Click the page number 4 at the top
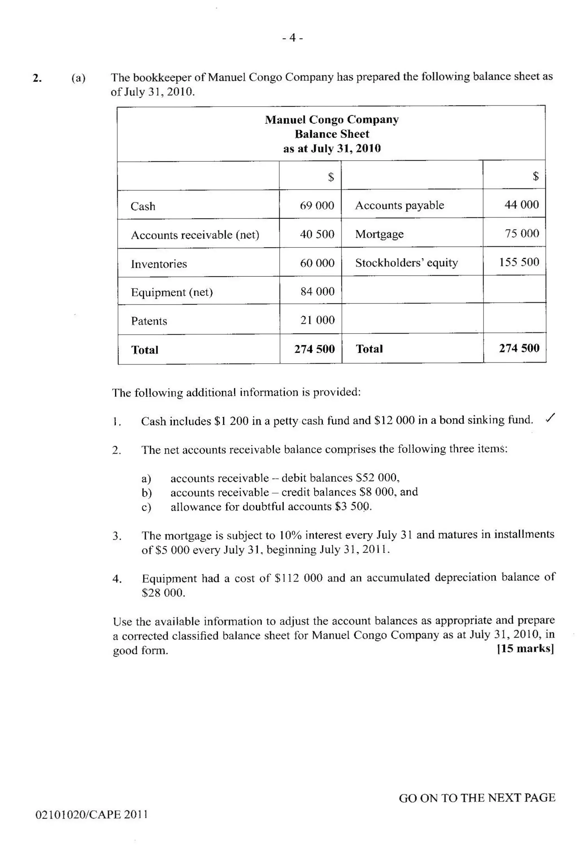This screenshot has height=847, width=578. (292, 38)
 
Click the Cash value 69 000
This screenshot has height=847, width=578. (317, 206)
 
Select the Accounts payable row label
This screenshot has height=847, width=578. (399, 205)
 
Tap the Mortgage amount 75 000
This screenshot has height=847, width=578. (522, 233)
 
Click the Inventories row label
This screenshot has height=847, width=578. (159, 264)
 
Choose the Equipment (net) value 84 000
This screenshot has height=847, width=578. (317, 291)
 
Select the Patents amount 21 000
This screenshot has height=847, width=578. (317, 320)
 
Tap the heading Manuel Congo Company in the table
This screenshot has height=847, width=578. (332, 120)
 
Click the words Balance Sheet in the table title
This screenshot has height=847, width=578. (332, 134)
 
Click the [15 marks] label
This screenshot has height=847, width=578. (525, 648)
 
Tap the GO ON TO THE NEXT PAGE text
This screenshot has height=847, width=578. (477, 798)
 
